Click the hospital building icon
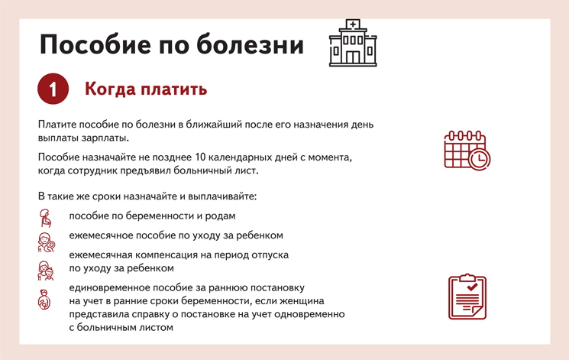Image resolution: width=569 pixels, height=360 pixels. coord(353,43)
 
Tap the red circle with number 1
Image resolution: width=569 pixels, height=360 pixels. coord(53,89)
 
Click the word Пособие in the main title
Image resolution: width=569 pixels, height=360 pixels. coord(95,44)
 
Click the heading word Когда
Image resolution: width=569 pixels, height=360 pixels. coord(110,89)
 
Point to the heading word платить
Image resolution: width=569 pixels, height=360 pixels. coord(174,89)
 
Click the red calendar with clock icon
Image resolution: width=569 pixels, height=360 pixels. coord(467,151)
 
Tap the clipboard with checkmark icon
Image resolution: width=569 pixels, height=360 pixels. coord(467,297)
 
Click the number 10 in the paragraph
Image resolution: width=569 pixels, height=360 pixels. coord(200,157)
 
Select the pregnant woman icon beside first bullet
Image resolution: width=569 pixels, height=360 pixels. coord(45,218)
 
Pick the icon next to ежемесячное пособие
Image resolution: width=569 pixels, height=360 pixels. coord(46,242)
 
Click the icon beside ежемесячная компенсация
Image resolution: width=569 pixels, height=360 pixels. coord(46,271)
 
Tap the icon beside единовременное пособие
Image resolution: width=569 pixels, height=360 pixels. coord(44,300)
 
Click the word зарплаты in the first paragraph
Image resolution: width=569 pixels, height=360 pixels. coord(109,138)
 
